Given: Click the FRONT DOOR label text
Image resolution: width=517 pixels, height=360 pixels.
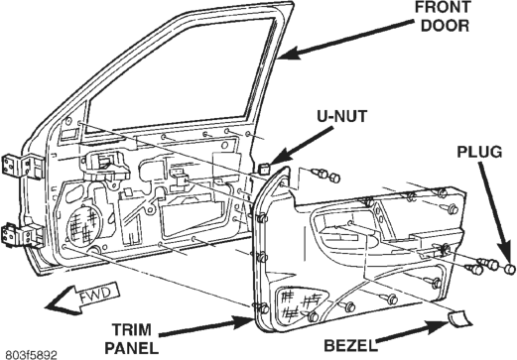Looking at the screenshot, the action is (443, 17).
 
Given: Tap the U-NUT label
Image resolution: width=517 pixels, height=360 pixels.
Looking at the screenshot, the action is (342, 116).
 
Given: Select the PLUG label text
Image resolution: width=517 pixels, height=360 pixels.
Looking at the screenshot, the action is (479, 152).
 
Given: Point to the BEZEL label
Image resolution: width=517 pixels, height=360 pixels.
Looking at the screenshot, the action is (350, 346).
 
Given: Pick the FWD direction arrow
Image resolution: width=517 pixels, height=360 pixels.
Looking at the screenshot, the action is (82, 297).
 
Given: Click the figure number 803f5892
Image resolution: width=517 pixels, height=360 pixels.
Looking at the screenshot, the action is (29, 355).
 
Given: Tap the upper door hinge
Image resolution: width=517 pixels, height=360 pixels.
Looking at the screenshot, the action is (23, 167).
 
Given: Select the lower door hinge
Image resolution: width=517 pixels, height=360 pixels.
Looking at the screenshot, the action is (23, 236).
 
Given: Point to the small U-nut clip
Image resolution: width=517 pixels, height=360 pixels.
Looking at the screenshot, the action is (264, 169).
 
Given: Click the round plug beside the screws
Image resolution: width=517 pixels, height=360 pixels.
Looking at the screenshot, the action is (510, 269).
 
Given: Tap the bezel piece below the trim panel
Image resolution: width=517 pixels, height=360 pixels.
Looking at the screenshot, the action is (459, 318).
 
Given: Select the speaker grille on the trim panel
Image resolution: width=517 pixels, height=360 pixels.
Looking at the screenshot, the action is (299, 302).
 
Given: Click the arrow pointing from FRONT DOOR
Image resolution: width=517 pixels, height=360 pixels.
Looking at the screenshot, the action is (345, 39).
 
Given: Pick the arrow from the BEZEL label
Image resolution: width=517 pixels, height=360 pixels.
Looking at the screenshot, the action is (414, 332).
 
